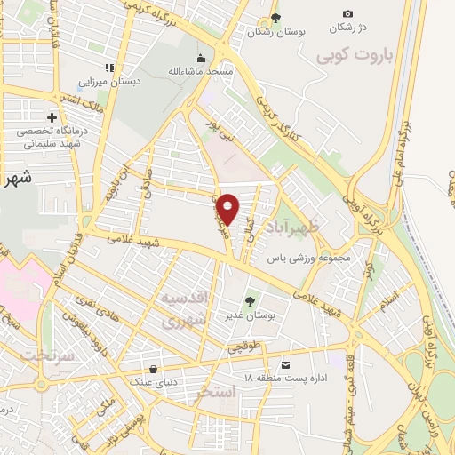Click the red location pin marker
pos(229,208)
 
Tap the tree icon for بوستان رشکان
pos(276,17)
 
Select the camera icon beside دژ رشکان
pos(347,13)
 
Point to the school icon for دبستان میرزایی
pos(109,67)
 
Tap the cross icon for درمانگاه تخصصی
pos(52,116)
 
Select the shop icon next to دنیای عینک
pos(155,369)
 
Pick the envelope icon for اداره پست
pos(285,364)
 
